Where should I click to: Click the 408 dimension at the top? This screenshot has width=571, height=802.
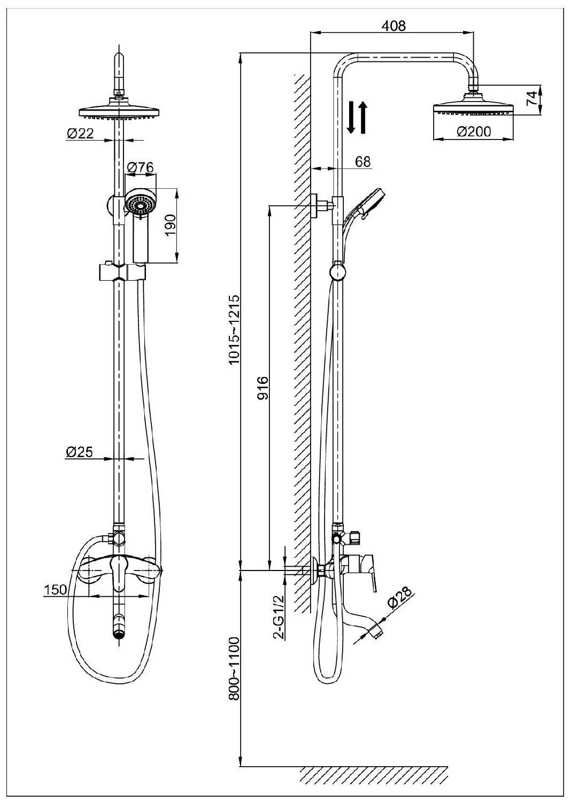(x=395, y=25)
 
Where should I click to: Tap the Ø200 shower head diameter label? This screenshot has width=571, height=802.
(x=474, y=131)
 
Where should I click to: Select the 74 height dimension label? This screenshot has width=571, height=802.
(x=531, y=99)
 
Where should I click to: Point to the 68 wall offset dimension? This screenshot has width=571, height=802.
(x=362, y=161)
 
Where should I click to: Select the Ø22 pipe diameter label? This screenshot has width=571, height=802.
(x=80, y=134)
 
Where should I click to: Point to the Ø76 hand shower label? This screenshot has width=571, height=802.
(x=140, y=167)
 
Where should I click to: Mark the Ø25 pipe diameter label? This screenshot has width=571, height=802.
(x=79, y=452)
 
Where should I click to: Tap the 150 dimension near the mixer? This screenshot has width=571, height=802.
(x=55, y=590)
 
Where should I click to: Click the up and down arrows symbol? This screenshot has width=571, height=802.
(x=357, y=118)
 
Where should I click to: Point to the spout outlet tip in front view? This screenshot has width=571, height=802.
(x=119, y=634)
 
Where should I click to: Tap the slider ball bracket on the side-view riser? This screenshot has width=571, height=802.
(x=337, y=271)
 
